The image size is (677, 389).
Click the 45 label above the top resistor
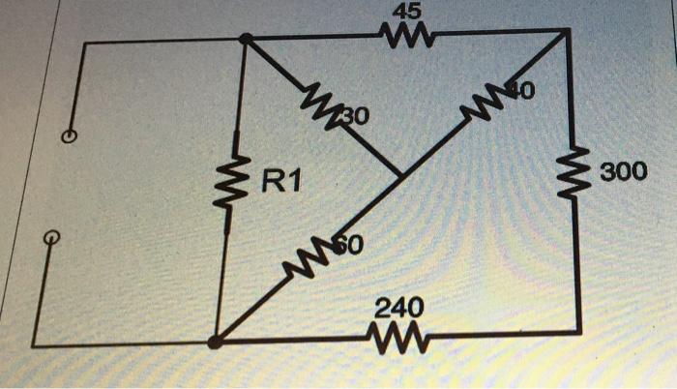click(x=401, y=15)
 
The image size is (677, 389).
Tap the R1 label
click(x=280, y=179)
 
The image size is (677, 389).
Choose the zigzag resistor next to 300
click(x=577, y=172)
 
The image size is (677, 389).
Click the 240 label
click(x=397, y=309)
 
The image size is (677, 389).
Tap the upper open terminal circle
click(x=69, y=136)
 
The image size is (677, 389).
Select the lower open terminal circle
click(x=55, y=238)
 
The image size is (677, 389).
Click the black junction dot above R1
click(x=246, y=40)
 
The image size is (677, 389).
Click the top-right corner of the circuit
click(x=570, y=31)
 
